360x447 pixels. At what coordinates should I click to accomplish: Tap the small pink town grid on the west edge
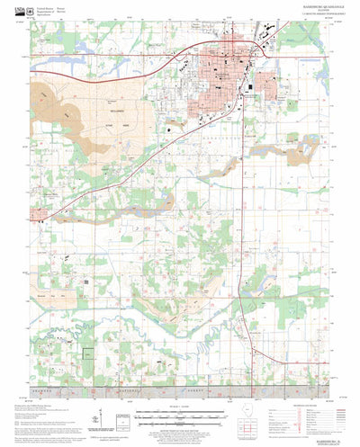(x=40, y=217)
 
